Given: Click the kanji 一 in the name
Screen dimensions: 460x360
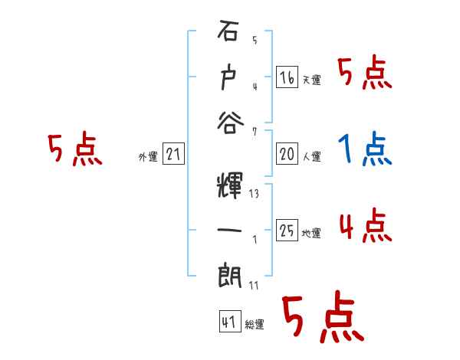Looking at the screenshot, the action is coord(229,228).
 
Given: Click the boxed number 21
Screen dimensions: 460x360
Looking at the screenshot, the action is coord(172,154).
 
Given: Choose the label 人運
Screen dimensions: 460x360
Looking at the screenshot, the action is coord(311,157).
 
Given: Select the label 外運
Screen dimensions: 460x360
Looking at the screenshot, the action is coord(148,157).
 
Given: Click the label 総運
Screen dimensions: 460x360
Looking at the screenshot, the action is coord(254,325).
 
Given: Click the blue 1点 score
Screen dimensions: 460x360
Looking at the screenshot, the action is coord(366,149).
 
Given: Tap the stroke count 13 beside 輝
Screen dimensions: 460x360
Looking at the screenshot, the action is coord(254,194).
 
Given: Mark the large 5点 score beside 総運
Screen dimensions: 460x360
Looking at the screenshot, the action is coord(322,318).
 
